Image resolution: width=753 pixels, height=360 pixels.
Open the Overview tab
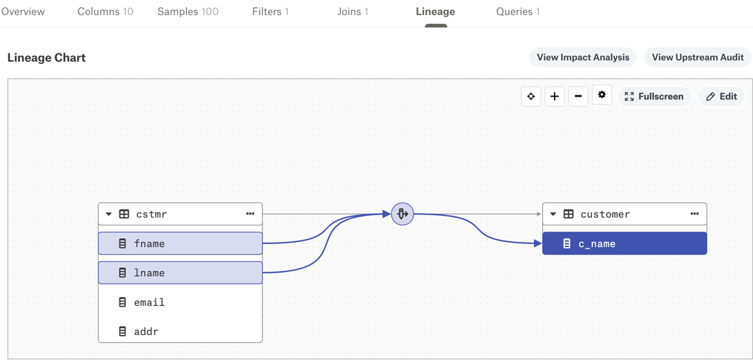click(23, 12)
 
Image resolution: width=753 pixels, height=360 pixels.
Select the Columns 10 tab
click(105, 12)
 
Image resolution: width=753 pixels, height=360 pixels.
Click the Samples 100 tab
click(188, 12)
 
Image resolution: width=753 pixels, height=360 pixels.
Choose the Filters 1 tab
click(270, 12)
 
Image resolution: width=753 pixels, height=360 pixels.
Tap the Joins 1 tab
click(353, 12)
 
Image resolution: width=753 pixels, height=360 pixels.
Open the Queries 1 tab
click(518, 12)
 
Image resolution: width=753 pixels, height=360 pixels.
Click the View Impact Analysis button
click(583, 58)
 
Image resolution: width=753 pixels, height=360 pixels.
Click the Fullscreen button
click(654, 97)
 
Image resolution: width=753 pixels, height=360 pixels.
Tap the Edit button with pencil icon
click(722, 97)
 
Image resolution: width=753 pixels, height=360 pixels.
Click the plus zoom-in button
click(555, 97)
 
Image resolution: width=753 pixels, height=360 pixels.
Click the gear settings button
click(602, 95)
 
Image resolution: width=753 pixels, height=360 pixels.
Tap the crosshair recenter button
click(531, 97)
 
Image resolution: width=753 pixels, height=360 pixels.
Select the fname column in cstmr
click(180, 243)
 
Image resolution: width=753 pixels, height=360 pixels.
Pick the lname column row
click(180, 273)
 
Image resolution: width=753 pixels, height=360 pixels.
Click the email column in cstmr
click(180, 302)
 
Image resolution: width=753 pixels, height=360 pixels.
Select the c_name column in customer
click(624, 243)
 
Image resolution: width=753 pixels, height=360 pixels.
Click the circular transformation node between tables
click(402, 214)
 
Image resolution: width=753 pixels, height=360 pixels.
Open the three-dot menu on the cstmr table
click(250, 214)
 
